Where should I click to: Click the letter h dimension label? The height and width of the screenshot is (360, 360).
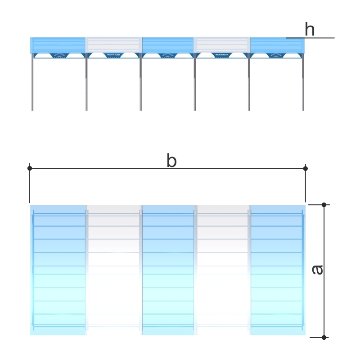pos(310,30)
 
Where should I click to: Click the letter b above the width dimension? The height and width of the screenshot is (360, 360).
pos(171,161)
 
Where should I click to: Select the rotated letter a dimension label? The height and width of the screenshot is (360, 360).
pos(318,269)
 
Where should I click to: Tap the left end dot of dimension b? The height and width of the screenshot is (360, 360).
pos(30,168)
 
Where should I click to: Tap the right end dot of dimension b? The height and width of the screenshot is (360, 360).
pos(306,168)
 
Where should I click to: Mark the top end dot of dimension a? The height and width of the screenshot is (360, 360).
pos(324,205)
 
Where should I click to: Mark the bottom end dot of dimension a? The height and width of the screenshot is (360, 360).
pos(324,337)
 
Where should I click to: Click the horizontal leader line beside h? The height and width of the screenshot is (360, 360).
pos(315,38)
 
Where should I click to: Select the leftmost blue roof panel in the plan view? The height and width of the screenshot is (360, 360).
pos(58,270)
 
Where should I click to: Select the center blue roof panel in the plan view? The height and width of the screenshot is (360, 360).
pos(168,270)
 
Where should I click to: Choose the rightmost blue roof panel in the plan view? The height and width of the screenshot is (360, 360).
pos(278,270)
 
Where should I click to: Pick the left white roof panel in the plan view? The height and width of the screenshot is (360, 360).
pos(113,270)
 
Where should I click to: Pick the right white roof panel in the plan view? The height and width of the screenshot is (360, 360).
pos(223,270)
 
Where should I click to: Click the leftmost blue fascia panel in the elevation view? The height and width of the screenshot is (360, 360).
pos(58,45)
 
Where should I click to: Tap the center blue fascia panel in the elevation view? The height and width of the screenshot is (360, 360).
pos(168,45)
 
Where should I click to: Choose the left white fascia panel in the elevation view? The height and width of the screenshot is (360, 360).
pos(113,45)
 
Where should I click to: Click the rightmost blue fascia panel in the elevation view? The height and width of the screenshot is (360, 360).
pos(277,45)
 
